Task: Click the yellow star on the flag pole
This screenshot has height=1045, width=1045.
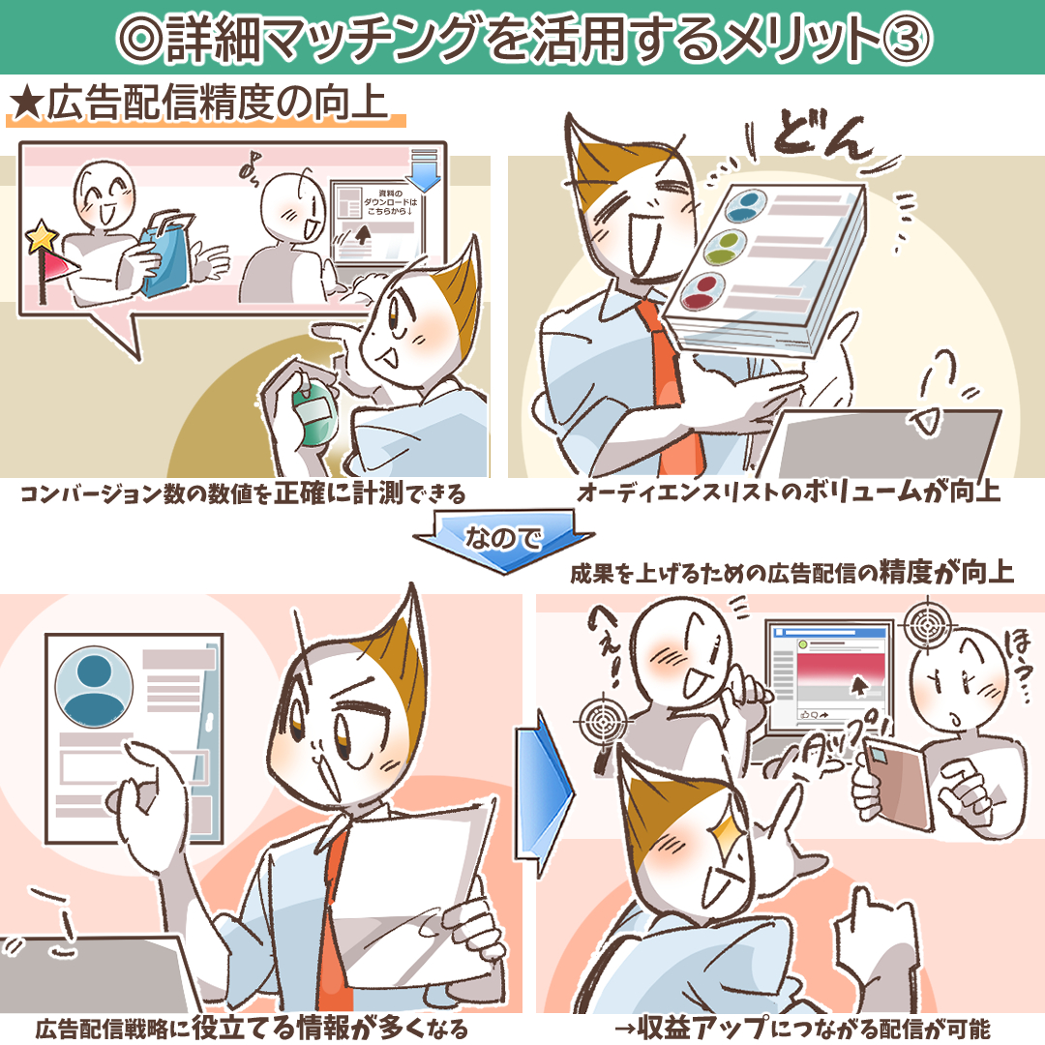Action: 42,237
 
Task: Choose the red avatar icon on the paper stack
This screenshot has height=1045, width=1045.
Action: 703,291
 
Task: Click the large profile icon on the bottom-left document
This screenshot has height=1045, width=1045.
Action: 93,686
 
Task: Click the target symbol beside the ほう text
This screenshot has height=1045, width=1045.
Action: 926,624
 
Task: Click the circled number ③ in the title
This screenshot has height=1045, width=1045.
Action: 906,38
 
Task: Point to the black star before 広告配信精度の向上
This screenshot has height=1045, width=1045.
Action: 27,104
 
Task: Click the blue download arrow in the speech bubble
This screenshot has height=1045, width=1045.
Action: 423,170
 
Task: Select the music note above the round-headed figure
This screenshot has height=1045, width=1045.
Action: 250,164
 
